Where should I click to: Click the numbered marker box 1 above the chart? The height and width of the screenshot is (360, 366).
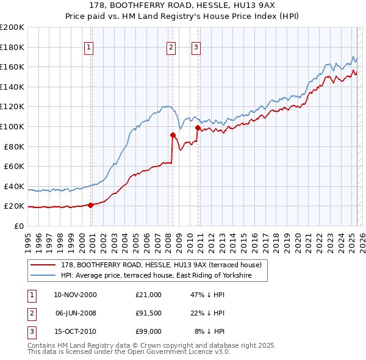point(89,47)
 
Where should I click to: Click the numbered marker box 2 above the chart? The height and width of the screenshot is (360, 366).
point(171,47)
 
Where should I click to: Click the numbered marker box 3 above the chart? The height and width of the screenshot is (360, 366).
point(196,47)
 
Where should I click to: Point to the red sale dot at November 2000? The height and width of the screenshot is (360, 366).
point(91,205)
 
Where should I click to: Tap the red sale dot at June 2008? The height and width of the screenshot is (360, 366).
point(173,135)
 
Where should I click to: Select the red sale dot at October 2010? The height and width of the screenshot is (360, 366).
point(198,128)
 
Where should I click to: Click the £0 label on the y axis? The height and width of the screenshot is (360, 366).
point(18,226)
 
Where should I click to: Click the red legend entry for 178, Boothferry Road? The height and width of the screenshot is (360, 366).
point(161,265)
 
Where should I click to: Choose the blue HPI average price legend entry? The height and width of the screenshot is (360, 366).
point(164,276)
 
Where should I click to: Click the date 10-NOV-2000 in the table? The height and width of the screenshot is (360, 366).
point(75,295)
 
